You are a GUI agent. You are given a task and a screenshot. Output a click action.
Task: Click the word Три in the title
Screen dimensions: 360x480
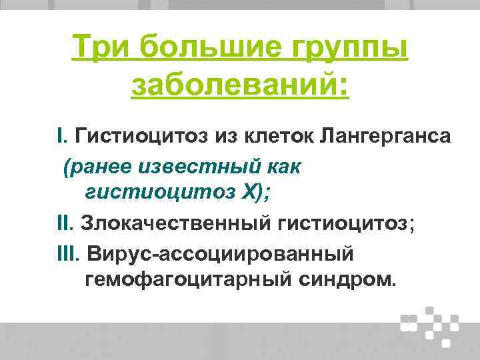tap(99, 49)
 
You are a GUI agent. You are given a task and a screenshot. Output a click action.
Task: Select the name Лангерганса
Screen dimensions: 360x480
tap(385, 137)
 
